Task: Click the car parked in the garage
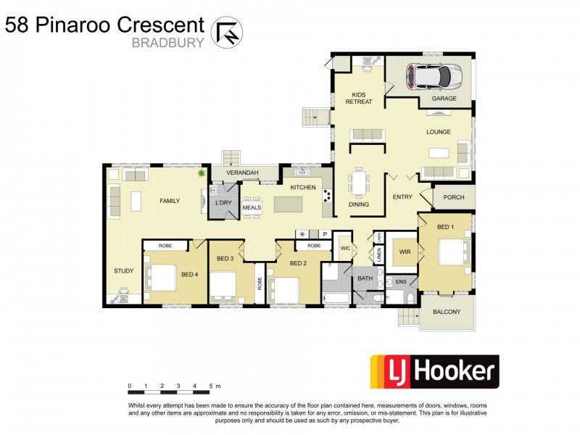pos(433,75)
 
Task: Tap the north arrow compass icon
pos(226,31)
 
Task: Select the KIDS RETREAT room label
pos(362,99)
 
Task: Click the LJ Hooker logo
pos(434,372)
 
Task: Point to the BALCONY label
pos(446,312)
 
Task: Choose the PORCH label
pos(454,196)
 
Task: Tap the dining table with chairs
pos(359,182)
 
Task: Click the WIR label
pos(405,253)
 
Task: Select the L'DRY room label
pos(223,202)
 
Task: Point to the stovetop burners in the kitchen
pos(326,195)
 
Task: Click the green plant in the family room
pos(202,174)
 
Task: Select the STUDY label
pos(123,271)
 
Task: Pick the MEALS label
pos(251,207)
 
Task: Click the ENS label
pos(401,281)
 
